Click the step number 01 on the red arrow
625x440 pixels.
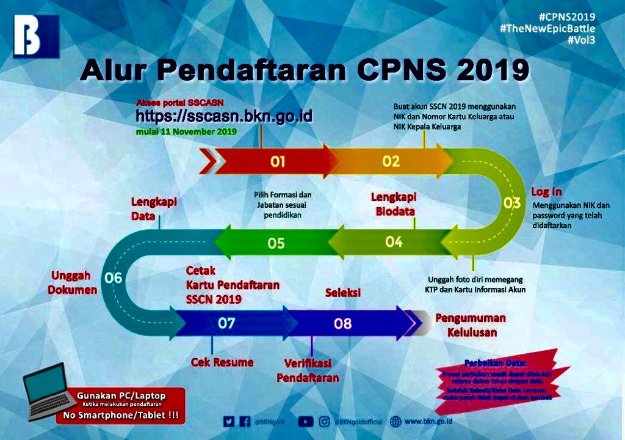[x=278, y=162]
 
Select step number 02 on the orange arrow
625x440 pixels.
[x=391, y=161]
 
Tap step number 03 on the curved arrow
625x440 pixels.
[x=511, y=204]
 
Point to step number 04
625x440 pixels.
[x=394, y=242]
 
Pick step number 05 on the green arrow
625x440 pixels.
[x=276, y=243]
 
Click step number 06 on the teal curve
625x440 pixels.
[x=114, y=278]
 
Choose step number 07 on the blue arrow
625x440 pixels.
[x=226, y=323]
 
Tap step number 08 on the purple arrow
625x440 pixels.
[x=342, y=324]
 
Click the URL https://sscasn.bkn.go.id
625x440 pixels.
[x=224, y=116]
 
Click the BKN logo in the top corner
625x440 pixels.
[x=36, y=37]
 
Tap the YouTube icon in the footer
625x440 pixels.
[x=306, y=421]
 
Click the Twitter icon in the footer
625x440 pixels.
[x=229, y=421]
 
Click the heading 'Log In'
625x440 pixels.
[x=546, y=191]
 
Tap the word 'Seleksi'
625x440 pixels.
[x=342, y=293]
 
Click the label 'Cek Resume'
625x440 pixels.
[x=222, y=362]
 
